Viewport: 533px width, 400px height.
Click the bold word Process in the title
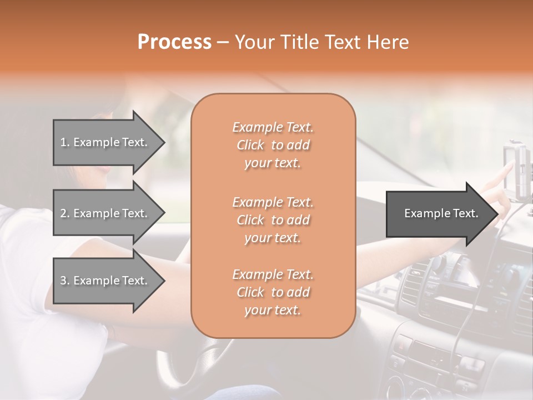point(174,42)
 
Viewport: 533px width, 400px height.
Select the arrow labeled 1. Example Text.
point(105,142)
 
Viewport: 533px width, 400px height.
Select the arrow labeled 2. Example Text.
point(105,213)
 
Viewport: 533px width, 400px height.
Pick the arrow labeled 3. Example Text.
point(105,281)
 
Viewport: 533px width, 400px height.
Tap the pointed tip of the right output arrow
point(497,213)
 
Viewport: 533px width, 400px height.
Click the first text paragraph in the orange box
point(273,145)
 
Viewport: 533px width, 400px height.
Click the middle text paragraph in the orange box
point(273,220)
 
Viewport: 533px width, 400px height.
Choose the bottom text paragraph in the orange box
point(273,292)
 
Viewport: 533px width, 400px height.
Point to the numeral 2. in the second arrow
point(64,213)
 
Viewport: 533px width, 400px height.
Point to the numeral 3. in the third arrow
point(64,281)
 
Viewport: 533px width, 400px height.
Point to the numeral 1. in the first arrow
point(64,142)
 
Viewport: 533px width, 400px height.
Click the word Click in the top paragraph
point(250,145)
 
